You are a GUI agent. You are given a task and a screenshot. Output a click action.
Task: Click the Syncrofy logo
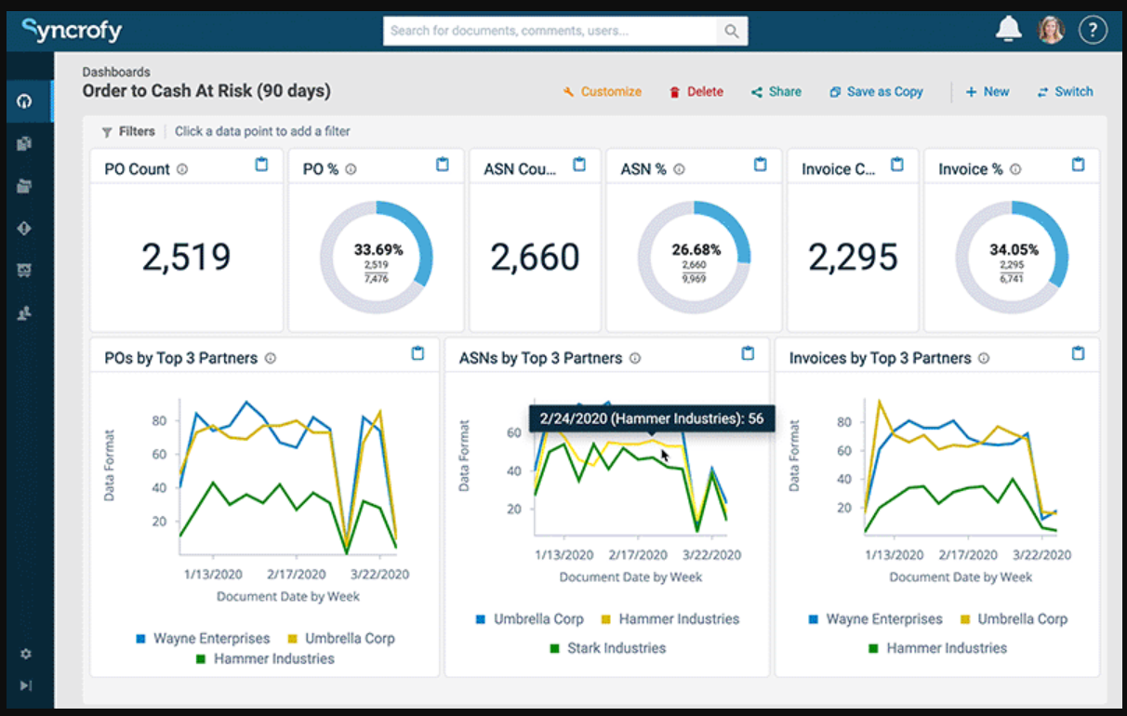pyautogui.click(x=73, y=31)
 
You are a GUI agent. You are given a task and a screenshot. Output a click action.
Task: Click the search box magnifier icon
pyautogui.click(x=732, y=31)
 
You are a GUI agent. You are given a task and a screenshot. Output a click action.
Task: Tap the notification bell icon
pyautogui.click(x=1008, y=30)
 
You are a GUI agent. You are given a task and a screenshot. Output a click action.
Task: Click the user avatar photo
pyautogui.click(x=1051, y=30)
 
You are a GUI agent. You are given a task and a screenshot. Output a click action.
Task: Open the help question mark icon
pyautogui.click(x=1093, y=30)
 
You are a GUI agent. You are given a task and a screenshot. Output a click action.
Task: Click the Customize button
pyautogui.click(x=603, y=91)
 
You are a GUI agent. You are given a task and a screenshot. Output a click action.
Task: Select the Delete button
pyautogui.click(x=696, y=91)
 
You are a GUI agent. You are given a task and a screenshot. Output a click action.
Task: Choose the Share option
pyautogui.click(x=776, y=91)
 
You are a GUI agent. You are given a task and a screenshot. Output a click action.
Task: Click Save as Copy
pyautogui.click(x=876, y=91)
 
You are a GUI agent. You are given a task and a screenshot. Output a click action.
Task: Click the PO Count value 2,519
pyautogui.click(x=186, y=258)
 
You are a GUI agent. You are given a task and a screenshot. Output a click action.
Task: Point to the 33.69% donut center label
pyautogui.click(x=378, y=249)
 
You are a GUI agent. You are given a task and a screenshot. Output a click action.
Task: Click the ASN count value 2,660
pyautogui.click(x=535, y=258)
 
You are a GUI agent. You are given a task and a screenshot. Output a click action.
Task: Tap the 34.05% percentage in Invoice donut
pyautogui.click(x=1014, y=249)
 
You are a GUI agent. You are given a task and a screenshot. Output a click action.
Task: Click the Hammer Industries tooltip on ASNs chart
pyautogui.click(x=651, y=418)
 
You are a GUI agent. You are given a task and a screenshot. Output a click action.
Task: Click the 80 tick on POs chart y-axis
pyautogui.click(x=158, y=420)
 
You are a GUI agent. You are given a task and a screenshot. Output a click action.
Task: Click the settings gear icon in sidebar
pyautogui.click(x=26, y=654)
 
